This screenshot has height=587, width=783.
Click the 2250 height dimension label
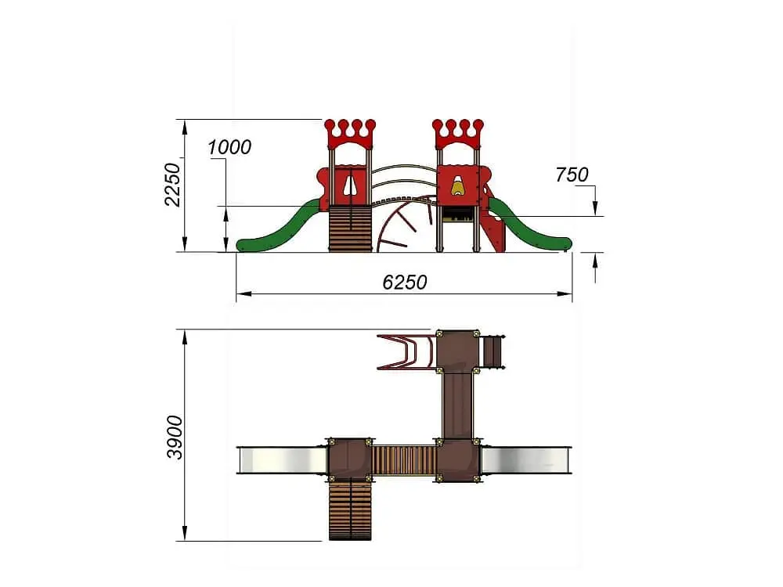[172, 184]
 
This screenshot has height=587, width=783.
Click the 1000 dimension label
[229, 147]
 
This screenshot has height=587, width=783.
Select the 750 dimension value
[572, 175]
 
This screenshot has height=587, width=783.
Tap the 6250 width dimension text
[405, 283]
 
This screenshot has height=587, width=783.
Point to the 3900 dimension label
[175, 437]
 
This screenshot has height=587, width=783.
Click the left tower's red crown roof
[349, 134]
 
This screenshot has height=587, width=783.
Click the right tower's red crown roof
[458, 134]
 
